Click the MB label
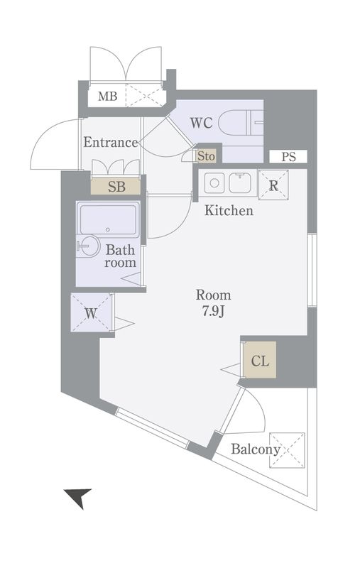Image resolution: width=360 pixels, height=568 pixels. (x=107, y=97)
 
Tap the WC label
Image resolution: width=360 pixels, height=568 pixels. (x=202, y=123)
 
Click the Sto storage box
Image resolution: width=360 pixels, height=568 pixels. (x=206, y=156)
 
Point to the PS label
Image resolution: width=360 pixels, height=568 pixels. (x=289, y=157)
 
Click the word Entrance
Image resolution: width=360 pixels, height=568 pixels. (x=111, y=143)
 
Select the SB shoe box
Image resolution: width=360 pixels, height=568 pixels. (x=116, y=187)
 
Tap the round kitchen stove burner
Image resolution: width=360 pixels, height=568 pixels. (x=214, y=183)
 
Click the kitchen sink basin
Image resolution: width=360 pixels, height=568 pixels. (x=241, y=183)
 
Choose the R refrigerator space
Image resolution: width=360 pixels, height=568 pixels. (x=273, y=185)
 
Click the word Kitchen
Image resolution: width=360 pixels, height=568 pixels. (x=229, y=210)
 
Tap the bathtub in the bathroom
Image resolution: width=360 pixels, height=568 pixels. (x=108, y=219)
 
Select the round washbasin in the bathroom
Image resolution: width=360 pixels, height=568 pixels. (x=88, y=246)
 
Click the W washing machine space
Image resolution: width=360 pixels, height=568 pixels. (x=92, y=312)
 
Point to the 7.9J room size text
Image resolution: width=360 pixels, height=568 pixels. (x=213, y=312)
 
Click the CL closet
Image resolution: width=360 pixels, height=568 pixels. (x=260, y=360)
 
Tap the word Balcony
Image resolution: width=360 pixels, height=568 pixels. (x=256, y=449)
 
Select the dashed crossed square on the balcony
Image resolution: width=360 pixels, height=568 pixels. (x=287, y=450)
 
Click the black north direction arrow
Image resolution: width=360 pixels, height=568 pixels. (x=79, y=497)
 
